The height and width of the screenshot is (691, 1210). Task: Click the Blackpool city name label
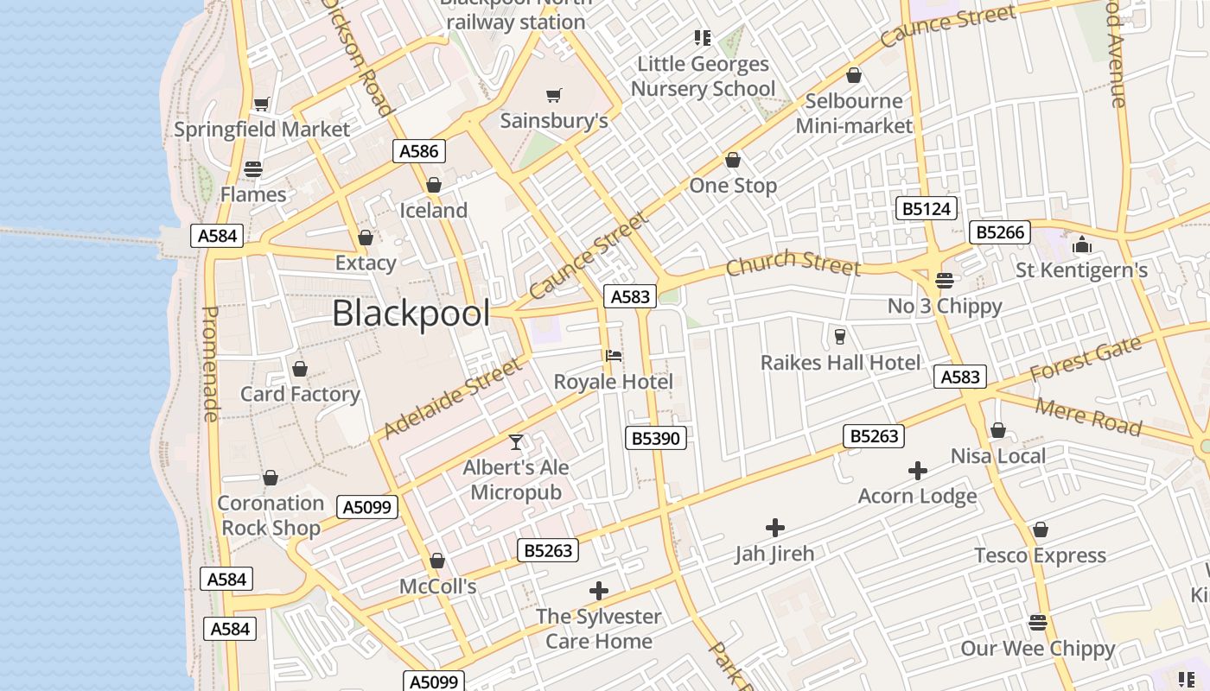click(x=411, y=314)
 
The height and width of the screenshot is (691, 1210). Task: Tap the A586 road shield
click(x=419, y=151)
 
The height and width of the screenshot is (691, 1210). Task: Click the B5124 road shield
click(x=927, y=208)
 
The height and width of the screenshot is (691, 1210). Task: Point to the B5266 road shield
click(x=1000, y=232)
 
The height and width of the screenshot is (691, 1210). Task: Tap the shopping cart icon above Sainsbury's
click(x=554, y=95)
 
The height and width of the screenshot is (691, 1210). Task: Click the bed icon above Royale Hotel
click(x=614, y=355)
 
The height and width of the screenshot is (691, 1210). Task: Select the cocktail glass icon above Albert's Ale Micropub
click(x=516, y=442)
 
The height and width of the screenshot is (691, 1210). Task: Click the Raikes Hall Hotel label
click(x=840, y=363)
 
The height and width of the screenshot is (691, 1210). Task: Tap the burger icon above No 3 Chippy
click(x=945, y=280)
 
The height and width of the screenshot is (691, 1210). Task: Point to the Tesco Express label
click(x=1040, y=555)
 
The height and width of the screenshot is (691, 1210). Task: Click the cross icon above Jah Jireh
click(x=775, y=527)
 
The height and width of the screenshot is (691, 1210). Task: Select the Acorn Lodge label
click(x=917, y=497)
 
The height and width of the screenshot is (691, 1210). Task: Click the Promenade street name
click(x=210, y=364)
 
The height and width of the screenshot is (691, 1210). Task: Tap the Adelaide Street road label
click(x=453, y=398)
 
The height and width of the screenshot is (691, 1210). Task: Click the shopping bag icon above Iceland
click(x=434, y=185)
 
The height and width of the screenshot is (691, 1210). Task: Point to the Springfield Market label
click(x=262, y=130)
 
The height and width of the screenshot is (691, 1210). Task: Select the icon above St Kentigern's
click(x=1082, y=245)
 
